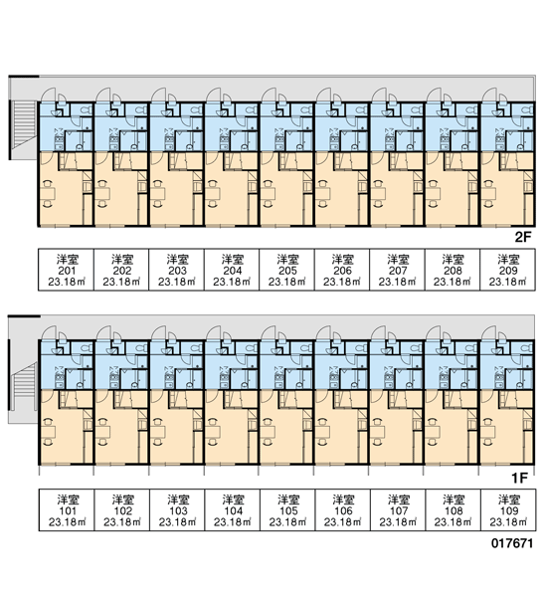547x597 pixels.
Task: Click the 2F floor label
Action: (x=523, y=237)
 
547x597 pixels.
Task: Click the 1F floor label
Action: (x=519, y=478)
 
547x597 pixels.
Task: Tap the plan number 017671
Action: (x=512, y=543)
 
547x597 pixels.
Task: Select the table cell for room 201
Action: (x=67, y=270)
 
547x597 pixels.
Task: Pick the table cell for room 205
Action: (x=287, y=270)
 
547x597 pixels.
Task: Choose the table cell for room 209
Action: (x=508, y=270)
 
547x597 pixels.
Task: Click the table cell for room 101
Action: (x=67, y=510)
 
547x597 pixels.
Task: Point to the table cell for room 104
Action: (x=233, y=510)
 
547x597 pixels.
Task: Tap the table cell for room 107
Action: (x=398, y=510)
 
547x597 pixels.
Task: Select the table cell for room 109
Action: (x=508, y=510)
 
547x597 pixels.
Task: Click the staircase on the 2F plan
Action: (x=23, y=125)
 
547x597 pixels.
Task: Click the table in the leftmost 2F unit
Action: (x=49, y=193)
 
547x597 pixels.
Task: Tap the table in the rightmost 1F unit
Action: (x=488, y=432)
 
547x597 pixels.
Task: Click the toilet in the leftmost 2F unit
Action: (x=87, y=110)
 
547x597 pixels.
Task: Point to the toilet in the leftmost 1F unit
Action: (x=88, y=348)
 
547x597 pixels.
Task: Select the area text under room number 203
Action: (x=177, y=283)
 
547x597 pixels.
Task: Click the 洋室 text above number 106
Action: (x=343, y=499)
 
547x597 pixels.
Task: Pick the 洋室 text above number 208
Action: (x=453, y=260)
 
